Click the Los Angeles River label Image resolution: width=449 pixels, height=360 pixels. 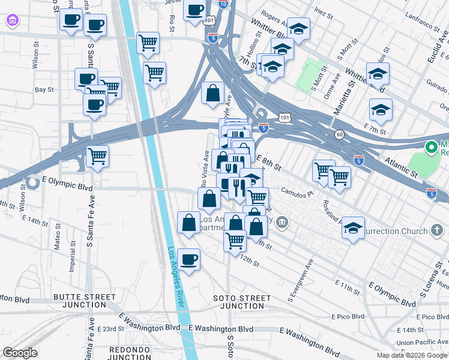pyautogui.click(x=178, y=277)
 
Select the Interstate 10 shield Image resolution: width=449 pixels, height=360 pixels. pyautogui.click(x=223, y=4)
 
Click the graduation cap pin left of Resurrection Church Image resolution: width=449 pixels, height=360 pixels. pyautogui.click(x=353, y=229)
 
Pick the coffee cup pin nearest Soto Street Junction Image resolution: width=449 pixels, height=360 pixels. pyautogui.click(x=189, y=260)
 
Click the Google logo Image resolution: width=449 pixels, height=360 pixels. pyautogui.click(x=20, y=353)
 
